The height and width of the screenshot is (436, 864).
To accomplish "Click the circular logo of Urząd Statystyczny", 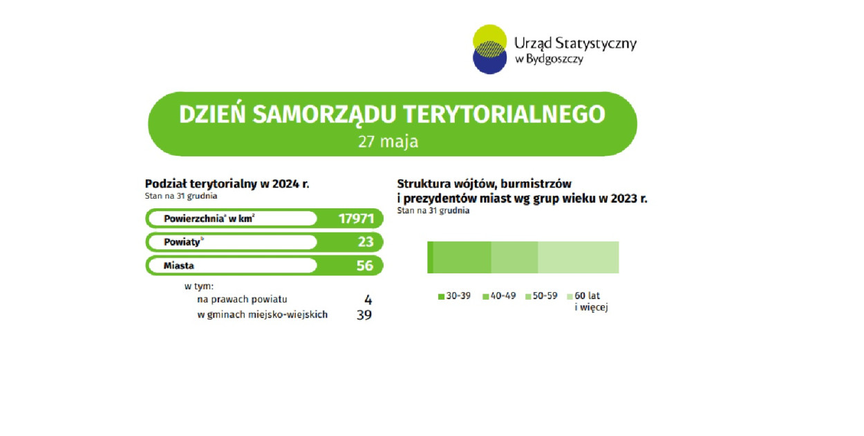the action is pyautogui.click(x=489, y=49).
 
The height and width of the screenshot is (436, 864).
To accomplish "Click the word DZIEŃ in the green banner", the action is pyautogui.click(x=212, y=114).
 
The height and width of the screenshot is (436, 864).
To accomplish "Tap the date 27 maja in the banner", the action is pyautogui.click(x=388, y=141).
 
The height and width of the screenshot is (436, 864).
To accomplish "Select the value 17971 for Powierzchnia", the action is pyautogui.click(x=356, y=219).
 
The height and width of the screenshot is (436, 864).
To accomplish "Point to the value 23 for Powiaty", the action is pyautogui.click(x=365, y=242).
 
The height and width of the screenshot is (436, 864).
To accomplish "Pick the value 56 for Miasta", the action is pyautogui.click(x=365, y=266).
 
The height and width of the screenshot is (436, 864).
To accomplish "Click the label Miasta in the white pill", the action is pyautogui.click(x=178, y=266).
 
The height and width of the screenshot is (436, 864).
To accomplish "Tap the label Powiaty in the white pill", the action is pyautogui.click(x=182, y=242).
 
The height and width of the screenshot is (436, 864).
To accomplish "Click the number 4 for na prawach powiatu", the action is pyautogui.click(x=368, y=300).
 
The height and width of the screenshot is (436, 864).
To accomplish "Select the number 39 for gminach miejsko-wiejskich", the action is pyautogui.click(x=364, y=315).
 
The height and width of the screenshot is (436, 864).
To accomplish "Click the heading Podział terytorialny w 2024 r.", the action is pyautogui.click(x=227, y=184).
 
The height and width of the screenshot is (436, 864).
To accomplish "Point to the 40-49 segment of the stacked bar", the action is pyautogui.click(x=462, y=257).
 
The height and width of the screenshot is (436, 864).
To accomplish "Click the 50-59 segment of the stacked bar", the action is pyautogui.click(x=514, y=257).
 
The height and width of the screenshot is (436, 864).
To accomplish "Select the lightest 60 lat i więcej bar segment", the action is pyautogui.click(x=579, y=257).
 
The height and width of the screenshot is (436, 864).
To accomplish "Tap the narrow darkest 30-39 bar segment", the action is pyautogui.click(x=430, y=257).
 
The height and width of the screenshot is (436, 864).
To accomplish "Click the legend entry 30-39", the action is pyautogui.click(x=454, y=296).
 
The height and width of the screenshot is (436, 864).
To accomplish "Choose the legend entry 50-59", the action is pyautogui.click(x=541, y=296).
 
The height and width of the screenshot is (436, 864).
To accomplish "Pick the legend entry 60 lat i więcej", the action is pyautogui.click(x=588, y=302).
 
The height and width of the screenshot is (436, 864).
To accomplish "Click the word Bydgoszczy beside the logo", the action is pyautogui.click(x=554, y=59).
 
